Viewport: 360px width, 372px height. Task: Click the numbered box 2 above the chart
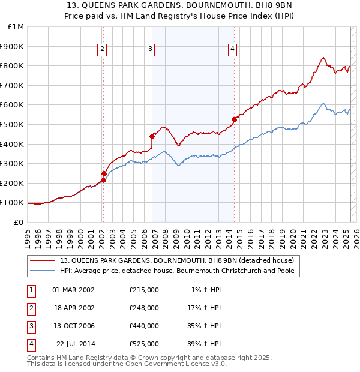click(x=103, y=50)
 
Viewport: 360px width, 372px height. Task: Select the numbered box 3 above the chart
click(x=150, y=50)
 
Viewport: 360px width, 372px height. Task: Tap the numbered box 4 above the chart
click(x=232, y=50)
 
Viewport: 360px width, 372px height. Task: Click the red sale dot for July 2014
click(x=234, y=119)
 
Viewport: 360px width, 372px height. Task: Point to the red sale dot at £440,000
click(x=152, y=136)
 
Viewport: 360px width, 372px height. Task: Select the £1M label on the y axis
click(x=16, y=26)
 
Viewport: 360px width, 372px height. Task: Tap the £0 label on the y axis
click(x=19, y=222)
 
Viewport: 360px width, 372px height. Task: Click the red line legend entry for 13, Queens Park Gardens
click(x=177, y=260)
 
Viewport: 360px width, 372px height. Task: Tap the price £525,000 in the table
click(x=143, y=344)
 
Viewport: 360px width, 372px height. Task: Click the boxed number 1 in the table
click(x=29, y=290)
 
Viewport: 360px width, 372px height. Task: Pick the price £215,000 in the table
click(x=143, y=290)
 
